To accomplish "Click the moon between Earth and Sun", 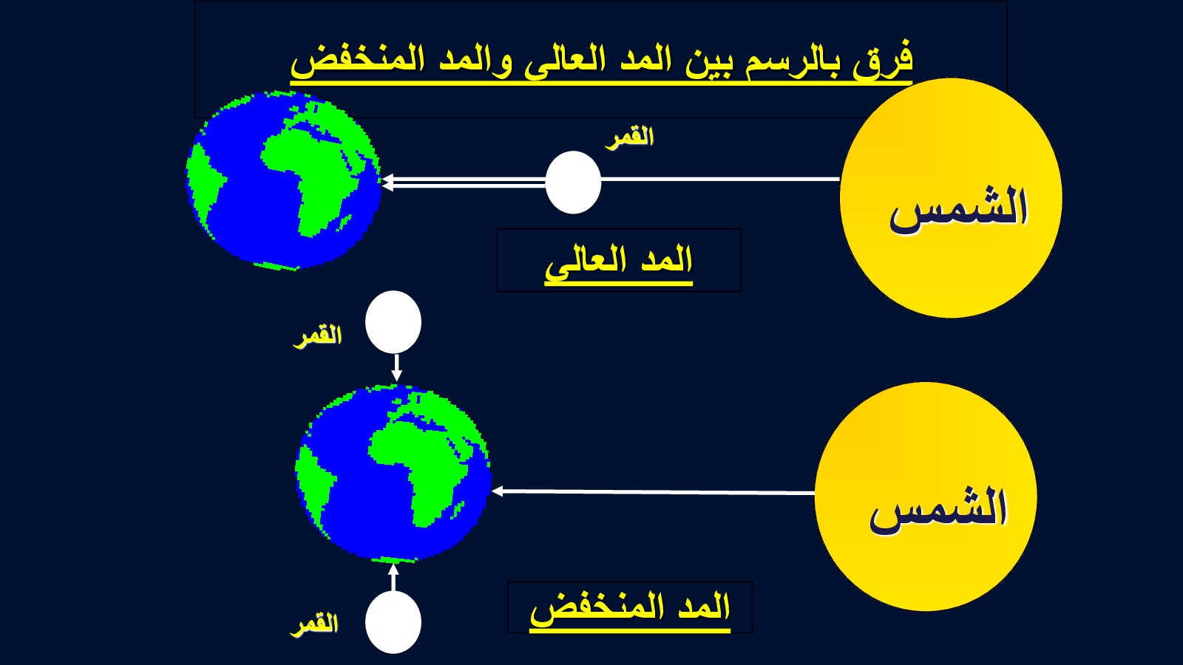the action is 573,183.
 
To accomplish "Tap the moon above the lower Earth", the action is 393,322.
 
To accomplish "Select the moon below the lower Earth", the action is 393,622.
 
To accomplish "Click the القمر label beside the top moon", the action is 629,137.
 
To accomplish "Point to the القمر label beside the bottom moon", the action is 314,624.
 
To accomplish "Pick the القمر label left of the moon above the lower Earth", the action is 318,336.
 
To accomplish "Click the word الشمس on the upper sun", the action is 958,208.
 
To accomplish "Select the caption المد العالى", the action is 618,262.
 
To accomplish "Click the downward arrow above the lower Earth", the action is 396,367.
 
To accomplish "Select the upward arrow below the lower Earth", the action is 393,577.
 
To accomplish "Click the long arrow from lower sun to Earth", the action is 654,492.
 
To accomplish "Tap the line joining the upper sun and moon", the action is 720,179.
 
